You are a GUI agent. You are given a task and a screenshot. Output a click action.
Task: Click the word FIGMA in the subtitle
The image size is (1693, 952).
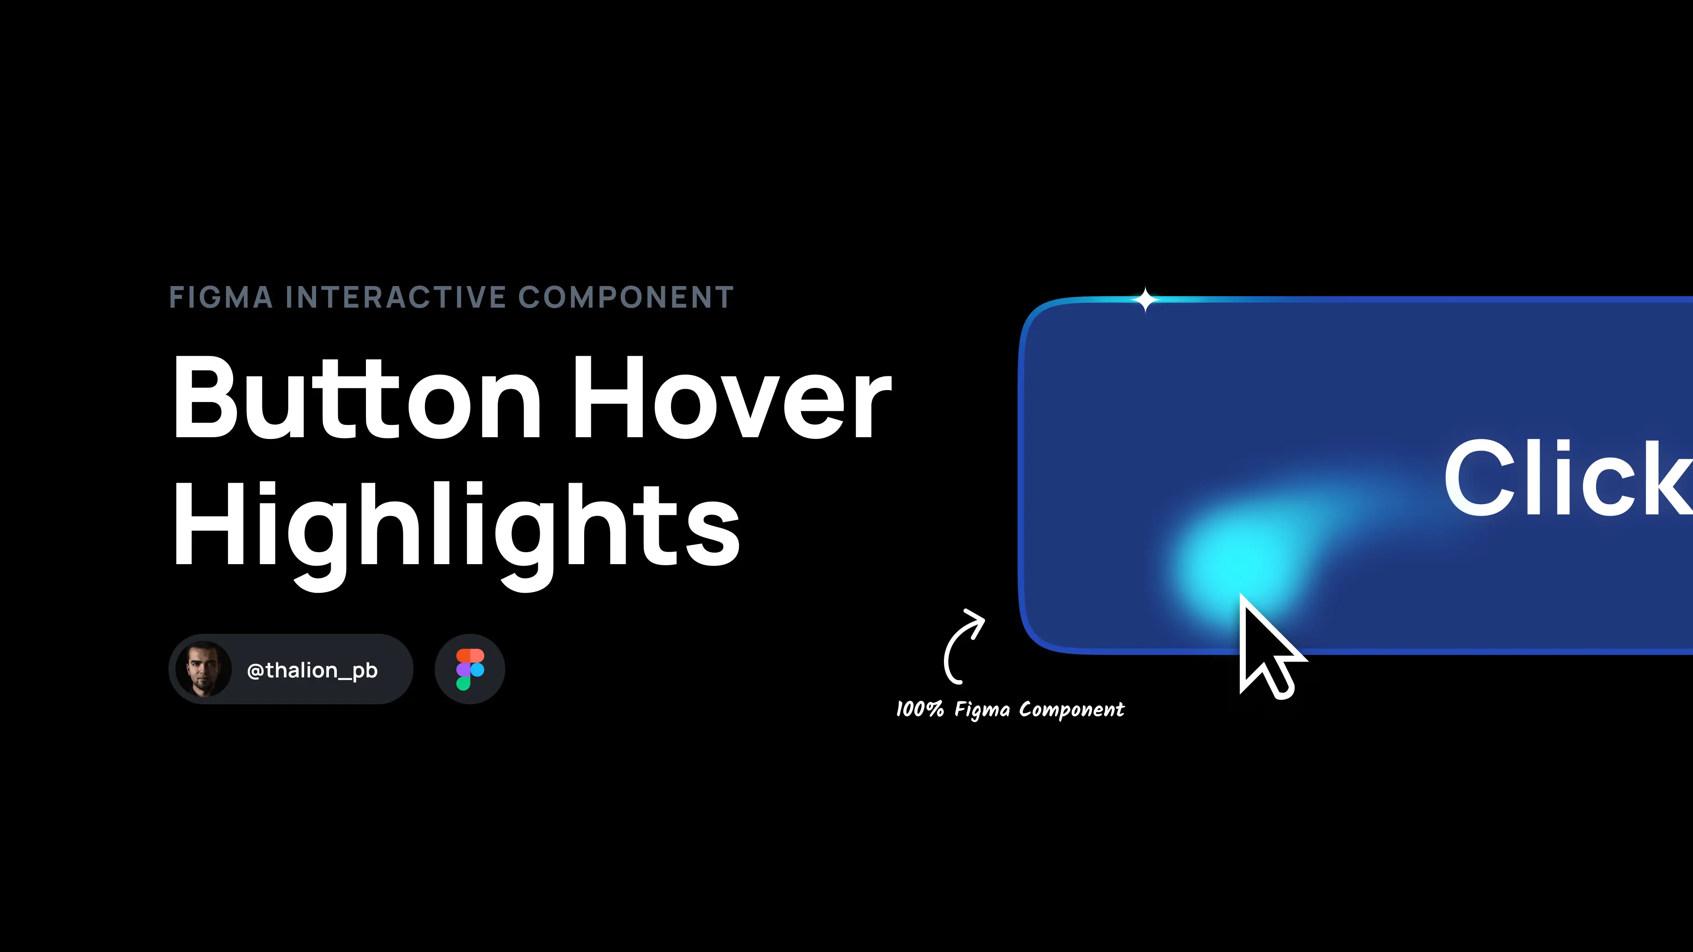click(x=221, y=297)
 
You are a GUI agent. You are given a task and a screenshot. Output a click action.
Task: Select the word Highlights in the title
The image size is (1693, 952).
click(x=456, y=526)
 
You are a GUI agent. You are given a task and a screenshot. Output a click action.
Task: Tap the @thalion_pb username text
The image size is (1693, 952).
click(x=312, y=670)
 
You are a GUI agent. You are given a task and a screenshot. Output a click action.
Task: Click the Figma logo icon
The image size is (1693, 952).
click(x=470, y=669)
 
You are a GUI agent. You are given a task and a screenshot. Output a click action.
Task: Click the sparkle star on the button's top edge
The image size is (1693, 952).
click(x=1145, y=300)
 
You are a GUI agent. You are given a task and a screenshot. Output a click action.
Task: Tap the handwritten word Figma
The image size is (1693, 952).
click(x=982, y=710)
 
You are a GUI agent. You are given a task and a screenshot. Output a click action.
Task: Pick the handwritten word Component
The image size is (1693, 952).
click(x=1071, y=710)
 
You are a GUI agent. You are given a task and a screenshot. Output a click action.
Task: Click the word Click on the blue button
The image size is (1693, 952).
click(x=1567, y=478)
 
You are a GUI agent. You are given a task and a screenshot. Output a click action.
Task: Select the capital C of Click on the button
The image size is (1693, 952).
click(x=1476, y=478)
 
